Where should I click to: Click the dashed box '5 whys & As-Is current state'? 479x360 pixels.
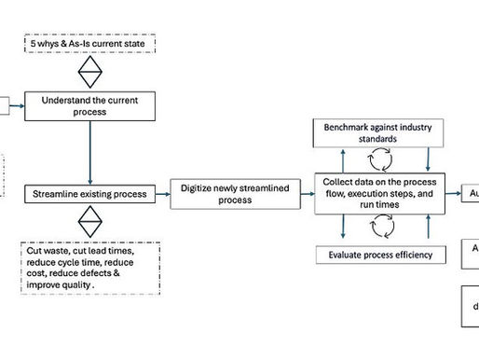tap(89, 44)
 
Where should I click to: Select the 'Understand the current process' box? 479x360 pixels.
tap(89, 105)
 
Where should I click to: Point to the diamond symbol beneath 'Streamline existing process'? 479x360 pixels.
tap(89, 222)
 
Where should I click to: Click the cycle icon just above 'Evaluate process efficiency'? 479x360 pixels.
tap(380, 226)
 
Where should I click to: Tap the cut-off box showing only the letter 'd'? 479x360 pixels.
tap(472, 306)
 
